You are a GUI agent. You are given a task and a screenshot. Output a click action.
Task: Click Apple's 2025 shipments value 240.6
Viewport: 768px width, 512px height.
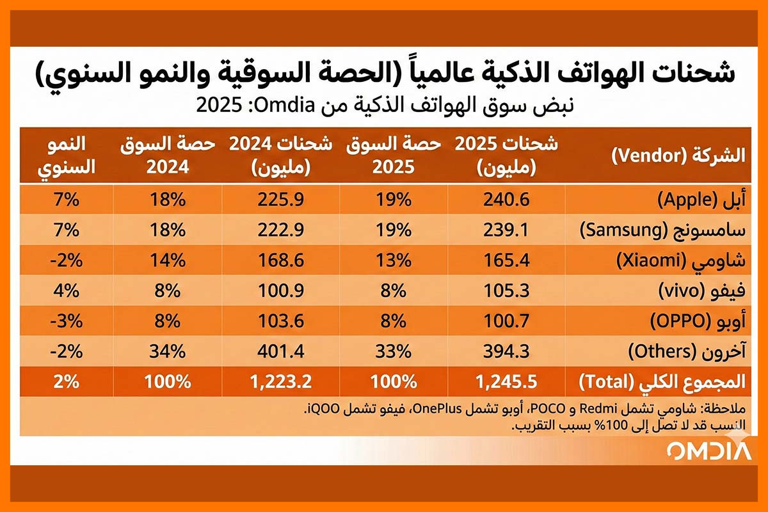coord(506,200)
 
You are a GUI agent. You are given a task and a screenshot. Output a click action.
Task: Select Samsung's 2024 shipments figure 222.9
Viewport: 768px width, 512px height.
coord(280,230)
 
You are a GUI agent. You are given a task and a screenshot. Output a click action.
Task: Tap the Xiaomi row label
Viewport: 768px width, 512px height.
coord(681,260)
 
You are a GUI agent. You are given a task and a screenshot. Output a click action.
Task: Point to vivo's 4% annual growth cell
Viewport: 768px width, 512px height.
coord(66,291)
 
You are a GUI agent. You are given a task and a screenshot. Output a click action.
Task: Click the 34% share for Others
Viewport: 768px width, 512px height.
coord(168,351)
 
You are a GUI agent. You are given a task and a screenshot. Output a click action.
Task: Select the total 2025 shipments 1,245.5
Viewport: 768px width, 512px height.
coord(506,382)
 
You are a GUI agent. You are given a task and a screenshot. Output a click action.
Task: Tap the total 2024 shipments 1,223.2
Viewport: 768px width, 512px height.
coord(280,382)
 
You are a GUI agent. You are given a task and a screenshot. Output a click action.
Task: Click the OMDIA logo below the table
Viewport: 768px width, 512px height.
coord(708,450)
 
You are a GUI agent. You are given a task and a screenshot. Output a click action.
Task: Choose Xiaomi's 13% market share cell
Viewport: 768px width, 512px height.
coord(394,260)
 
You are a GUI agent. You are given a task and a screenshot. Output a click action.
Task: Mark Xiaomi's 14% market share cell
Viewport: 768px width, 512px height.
coord(168,260)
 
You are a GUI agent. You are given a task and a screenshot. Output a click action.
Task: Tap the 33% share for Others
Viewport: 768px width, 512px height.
coord(394,351)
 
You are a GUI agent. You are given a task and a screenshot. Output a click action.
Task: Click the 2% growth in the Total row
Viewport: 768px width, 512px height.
coord(66,382)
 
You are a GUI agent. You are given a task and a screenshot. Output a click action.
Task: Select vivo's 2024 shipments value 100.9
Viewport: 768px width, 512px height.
coord(280,291)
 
